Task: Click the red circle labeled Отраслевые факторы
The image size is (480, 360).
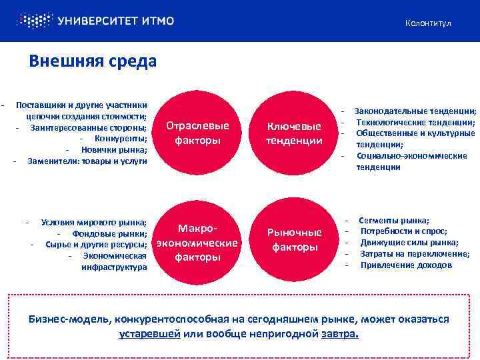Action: click(197, 133)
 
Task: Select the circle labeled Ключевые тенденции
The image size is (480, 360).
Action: click(294, 133)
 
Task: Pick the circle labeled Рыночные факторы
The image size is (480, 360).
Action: click(294, 239)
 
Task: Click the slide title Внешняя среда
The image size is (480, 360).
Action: click(93, 61)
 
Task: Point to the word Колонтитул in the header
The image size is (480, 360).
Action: click(427, 23)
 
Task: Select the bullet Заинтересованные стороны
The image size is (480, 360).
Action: click(88, 127)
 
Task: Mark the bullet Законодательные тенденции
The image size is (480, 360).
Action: click(415, 111)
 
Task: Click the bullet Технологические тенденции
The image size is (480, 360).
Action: click(415, 123)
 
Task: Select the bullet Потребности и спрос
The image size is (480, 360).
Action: click(403, 231)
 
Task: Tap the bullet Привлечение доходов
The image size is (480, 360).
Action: click(406, 265)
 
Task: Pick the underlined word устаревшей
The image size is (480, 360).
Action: click(150, 333)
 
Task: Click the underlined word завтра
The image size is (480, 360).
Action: click(340, 333)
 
